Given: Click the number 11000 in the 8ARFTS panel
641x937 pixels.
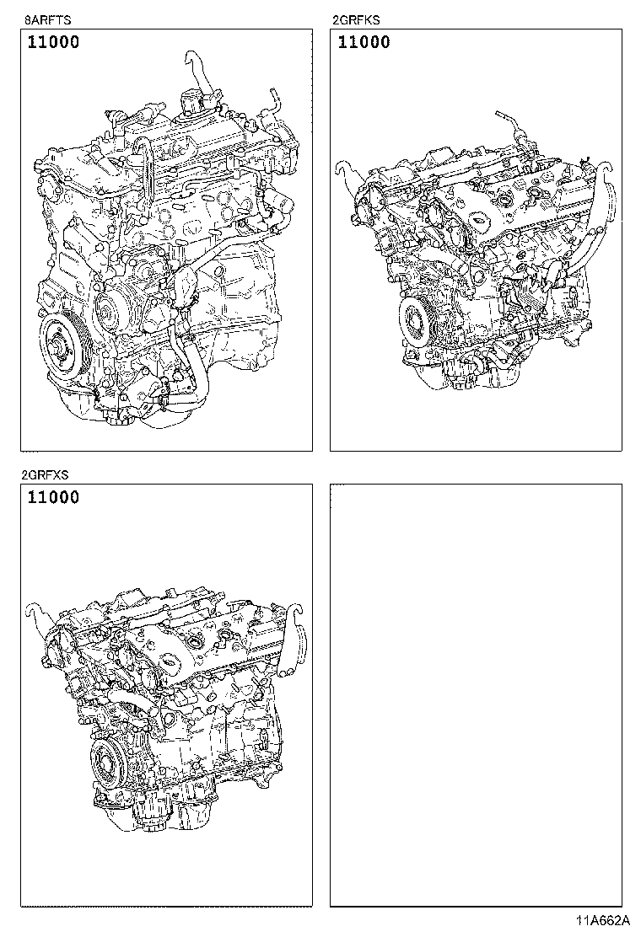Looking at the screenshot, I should pyautogui.click(x=53, y=42).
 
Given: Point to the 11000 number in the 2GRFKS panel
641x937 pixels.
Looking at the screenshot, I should pyautogui.click(x=364, y=42).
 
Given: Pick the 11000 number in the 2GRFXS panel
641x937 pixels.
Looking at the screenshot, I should pyautogui.click(x=53, y=497).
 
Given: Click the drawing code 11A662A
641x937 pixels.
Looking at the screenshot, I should pyautogui.click(x=606, y=921).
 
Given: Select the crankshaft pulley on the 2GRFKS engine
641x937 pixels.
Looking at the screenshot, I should pyautogui.click(x=416, y=321).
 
